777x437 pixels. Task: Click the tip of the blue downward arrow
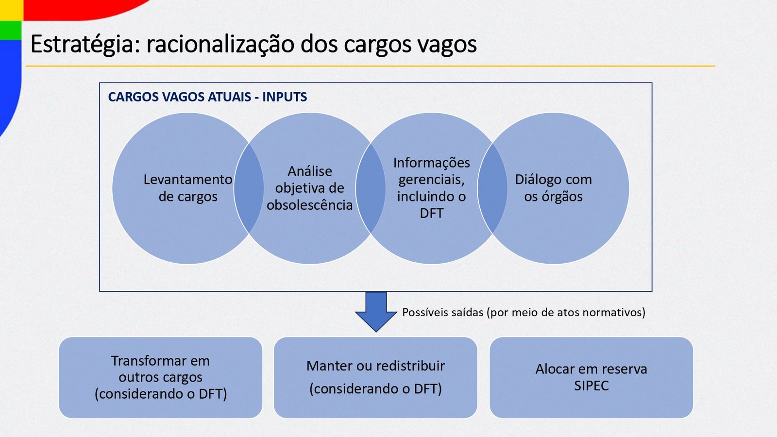coord(376,332)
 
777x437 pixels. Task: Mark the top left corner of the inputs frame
coord(100,83)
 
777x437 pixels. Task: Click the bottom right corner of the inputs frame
coord(652,291)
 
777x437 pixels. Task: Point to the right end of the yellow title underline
coord(715,66)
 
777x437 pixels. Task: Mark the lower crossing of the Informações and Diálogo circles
coord(492,233)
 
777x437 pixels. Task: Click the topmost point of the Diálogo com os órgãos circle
coord(553,113)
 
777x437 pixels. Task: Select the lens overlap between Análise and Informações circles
coord(371,188)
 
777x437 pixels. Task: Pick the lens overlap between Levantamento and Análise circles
coord(249,188)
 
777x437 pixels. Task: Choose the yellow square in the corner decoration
coord(12,10)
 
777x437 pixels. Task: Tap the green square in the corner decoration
coord(11,30)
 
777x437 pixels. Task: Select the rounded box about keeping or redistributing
coord(376,378)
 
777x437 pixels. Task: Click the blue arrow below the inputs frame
coord(376,311)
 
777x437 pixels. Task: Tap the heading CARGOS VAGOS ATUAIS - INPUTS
coord(207,97)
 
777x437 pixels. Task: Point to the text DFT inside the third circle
coord(432,213)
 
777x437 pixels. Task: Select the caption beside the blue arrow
coord(524,313)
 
